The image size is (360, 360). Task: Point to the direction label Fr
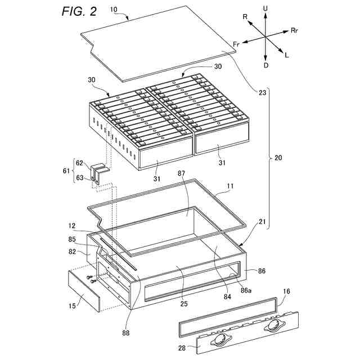[236, 44]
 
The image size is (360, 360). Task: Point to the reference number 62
[80, 164]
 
